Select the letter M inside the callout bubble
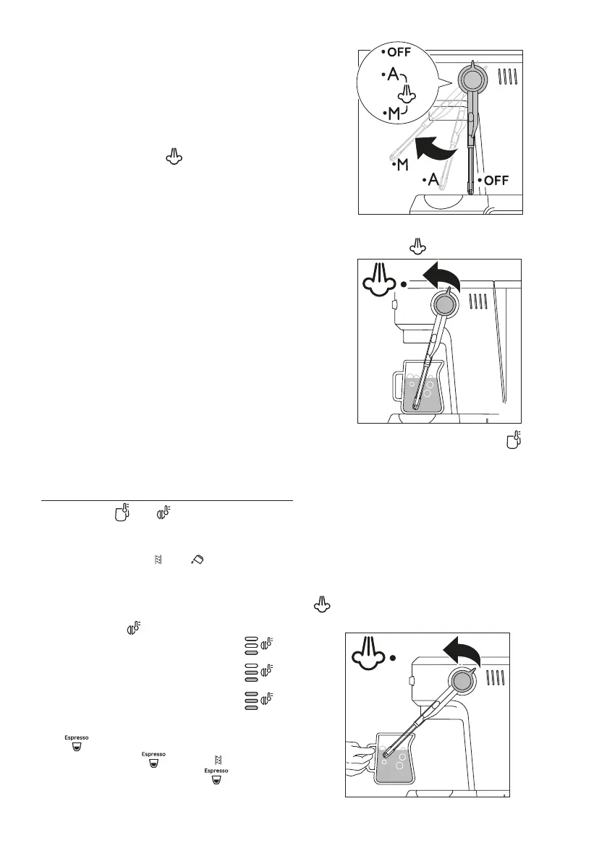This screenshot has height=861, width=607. [x=395, y=113]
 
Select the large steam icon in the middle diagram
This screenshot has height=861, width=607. [x=378, y=284]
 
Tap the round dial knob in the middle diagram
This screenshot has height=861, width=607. [x=445, y=304]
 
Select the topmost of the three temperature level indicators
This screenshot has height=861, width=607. [x=259, y=644]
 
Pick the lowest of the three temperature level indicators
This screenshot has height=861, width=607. [x=259, y=701]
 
